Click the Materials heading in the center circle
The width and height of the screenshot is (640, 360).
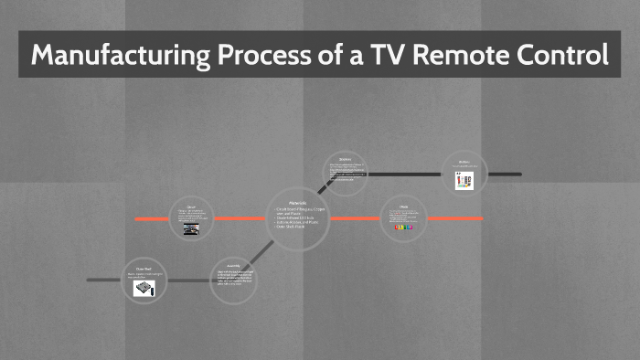(x=298, y=202)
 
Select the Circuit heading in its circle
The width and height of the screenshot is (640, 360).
(x=191, y=206)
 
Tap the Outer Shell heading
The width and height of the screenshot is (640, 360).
(x=144, y=268)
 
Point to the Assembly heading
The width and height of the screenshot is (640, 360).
(x=234, y=266)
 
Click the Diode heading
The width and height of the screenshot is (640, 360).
(x=403, y=206)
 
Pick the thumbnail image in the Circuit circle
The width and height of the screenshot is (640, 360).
(x=191, y=229)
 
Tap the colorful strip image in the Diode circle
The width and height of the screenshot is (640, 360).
(x=403, y=228)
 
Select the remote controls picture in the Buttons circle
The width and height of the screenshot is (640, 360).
(x=464, y=181)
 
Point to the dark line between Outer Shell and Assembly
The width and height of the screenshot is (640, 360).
(x=187, y=281)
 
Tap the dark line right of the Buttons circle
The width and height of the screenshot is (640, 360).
(x=505, y=174)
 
